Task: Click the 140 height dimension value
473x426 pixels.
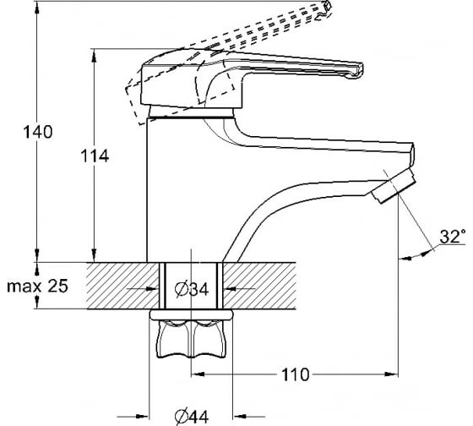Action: pyautogui.click(x=38, y=132)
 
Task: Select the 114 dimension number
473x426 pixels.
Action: pyautogui.click(x=95, y=156)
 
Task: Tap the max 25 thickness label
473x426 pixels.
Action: pyautogui.click(x=37, y=286)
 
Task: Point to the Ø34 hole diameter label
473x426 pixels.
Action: pyautogui.click(x=192, y=290)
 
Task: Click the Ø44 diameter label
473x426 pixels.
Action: pyautogui.click(x=192, y=417)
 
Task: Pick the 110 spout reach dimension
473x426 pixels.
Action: pyautogui.click(x=296, y=374)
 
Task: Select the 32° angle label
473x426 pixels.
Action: pyautogui.click(x=452, y=237)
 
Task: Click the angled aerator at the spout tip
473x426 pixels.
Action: pyautogui.click(x=394, y=186)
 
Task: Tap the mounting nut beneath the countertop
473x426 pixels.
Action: pyautogui.click(x=191, y=339)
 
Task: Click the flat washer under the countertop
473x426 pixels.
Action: pyautogui.click(x=191, y=314)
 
